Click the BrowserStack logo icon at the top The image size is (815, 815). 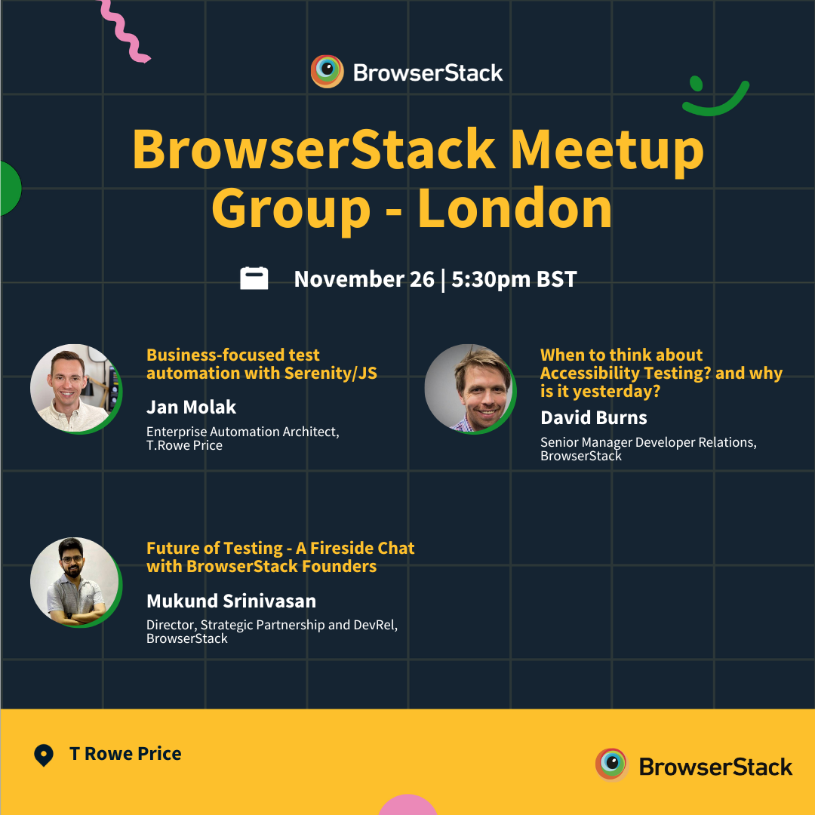click(x=328, y=72)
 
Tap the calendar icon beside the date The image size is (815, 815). click(x=254, y=278)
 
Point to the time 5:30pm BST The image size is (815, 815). click(x=514, y=279)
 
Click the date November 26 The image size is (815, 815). click(x=364, y=279)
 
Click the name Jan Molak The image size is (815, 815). click(x=191, y=407)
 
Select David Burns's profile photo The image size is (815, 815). click(x=469, y=388)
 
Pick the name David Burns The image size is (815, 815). click(x=593, y=417)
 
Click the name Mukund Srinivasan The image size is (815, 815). click(x=231, y=601)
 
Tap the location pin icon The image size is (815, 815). click(x=44, y=755)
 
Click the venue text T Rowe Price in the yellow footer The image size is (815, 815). click(x=125, y=754)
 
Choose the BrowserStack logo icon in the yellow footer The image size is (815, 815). click(x=611, y=765)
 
